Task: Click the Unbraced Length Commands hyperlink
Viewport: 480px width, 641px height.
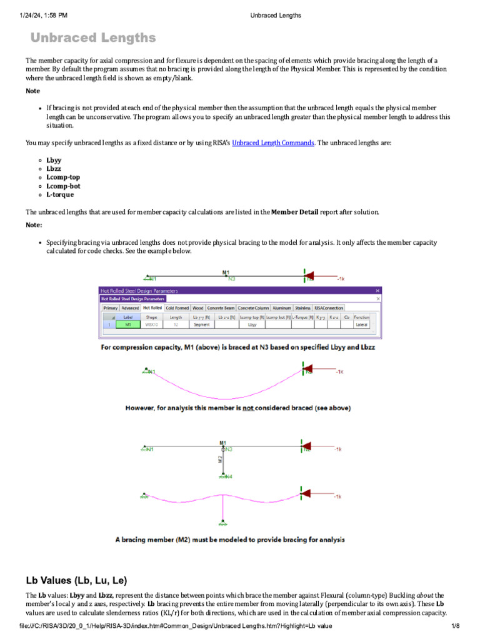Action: [x=272, y=143]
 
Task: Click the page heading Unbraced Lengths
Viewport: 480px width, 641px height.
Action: [x=93, y=38]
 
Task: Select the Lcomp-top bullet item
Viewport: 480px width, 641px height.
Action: [x=63, y=177]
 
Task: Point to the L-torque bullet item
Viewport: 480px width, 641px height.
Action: [x=60, y=195]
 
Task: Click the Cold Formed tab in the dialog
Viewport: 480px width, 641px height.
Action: [x=178, y=308]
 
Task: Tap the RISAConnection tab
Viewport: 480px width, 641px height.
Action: [x=329, y=308]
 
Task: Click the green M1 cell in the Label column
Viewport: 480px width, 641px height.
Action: [x=128, y=325]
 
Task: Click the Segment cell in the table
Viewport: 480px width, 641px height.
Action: [x=201, y=325]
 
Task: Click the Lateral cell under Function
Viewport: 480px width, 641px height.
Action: [x=362, y=325]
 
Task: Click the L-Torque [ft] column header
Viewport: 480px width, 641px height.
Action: [x=303, y=317]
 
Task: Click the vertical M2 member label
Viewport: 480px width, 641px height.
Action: [x=220, y=459]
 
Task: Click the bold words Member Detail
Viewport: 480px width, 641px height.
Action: [x=294, y=212]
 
